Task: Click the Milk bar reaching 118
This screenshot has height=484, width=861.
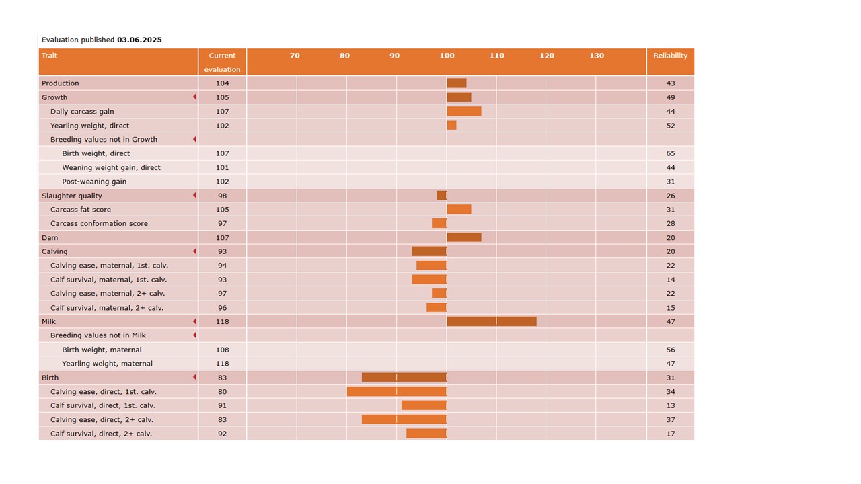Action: (x=492, y=321)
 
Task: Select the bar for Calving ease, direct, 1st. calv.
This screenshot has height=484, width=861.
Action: (x=397, y=391)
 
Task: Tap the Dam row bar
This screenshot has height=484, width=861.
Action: (x=464, y=237)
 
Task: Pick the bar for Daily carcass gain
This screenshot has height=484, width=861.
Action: (x=464, y=112)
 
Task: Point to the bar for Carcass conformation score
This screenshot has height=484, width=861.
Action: (x=439, y=223)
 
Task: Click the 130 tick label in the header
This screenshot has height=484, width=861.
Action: (x=597, y=56)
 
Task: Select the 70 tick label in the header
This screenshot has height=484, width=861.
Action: (x=295, y=56)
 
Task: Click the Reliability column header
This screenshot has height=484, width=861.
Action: (x=670, y=56)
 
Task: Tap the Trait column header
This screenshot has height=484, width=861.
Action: (x=49, y=56)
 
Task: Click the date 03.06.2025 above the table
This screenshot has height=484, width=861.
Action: (x=139, y=40)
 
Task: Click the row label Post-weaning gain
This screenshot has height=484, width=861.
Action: (x=94, y=182)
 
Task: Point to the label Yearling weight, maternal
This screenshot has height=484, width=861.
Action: (x=107, y=364)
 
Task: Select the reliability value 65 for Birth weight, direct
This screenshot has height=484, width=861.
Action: (x=670, y=153)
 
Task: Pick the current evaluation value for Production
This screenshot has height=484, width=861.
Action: (x=223, y=83)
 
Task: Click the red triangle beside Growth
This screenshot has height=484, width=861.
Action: (x=194, y=97)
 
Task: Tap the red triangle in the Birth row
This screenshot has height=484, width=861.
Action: (x=194, y=378)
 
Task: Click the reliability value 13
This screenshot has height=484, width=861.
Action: (x=670, y=405)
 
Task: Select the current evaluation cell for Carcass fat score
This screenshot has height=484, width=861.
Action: (x=223, y=210)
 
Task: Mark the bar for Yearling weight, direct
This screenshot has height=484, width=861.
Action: (x=451, y=126)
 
